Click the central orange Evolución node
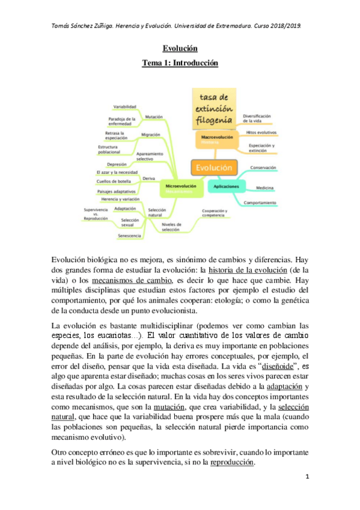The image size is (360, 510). [x=213, y=168]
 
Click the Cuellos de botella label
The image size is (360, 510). [x=113, y=181]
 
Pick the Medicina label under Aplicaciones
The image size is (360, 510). [x=266, y=188]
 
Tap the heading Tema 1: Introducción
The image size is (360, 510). [x=180, y=63]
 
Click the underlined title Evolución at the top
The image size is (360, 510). [x=180, y=48]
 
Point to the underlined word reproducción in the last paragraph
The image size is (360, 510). [x=232, y=462]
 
